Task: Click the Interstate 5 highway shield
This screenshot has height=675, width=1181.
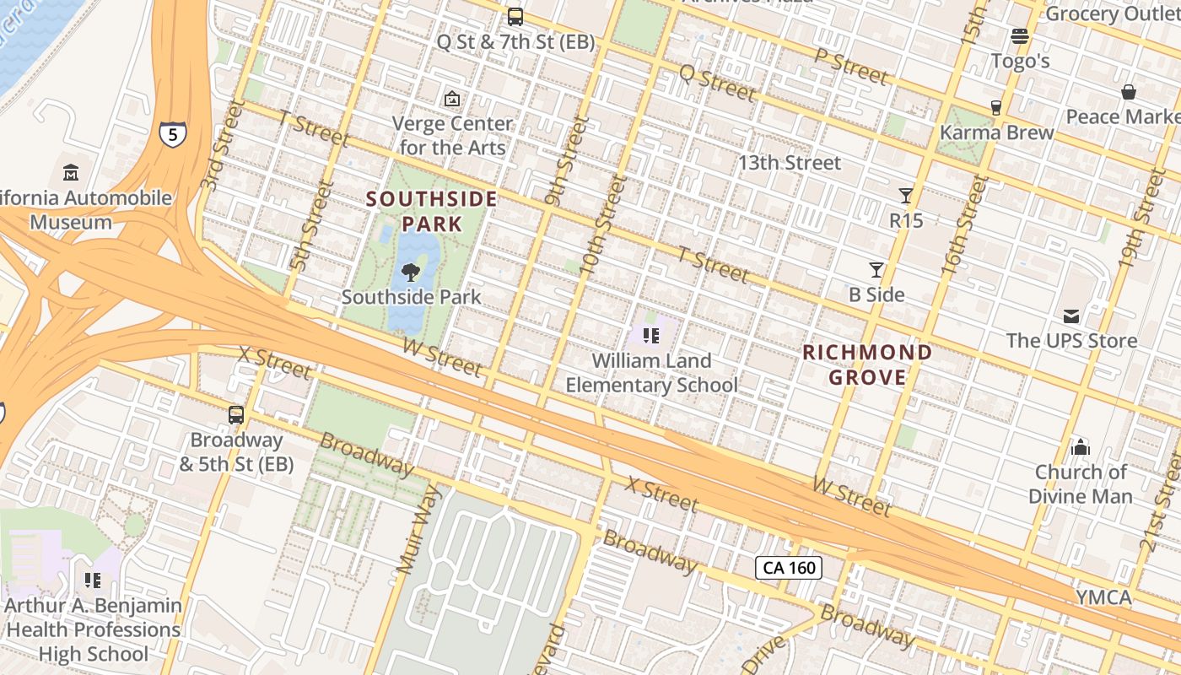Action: [x=172, y=133]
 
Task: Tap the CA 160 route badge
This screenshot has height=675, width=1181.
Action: [x=789, y=568]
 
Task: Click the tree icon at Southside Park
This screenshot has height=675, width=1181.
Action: [x=411, y=272]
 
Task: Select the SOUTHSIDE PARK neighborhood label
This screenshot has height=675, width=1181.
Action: [x=432, y=212]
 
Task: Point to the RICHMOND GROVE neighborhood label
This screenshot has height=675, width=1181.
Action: [x=867, y=364]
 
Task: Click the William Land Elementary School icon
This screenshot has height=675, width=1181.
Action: [x=650, y=336]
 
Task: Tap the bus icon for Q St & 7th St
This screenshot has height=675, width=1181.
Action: [x=515, y=16]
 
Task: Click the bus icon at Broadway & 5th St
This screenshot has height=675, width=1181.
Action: [x=236, y=415]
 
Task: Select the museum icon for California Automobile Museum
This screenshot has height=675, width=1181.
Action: [x=71, y=173]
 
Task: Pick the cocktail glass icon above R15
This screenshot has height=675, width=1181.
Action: [x=906, y=196]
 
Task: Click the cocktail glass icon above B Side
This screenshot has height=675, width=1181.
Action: [x=876, y=270]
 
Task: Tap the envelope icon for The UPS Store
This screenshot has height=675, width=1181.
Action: [x=1071, y=316]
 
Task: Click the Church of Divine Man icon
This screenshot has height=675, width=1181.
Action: [x=1081, y=447]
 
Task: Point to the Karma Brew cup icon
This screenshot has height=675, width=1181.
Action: [x=996, y=107]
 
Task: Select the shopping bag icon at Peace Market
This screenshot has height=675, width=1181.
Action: [x=1129, y=91]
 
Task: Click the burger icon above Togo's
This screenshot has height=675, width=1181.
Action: [x=1020, y=35]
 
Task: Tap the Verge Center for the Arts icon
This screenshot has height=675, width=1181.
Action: [x=452, y=99]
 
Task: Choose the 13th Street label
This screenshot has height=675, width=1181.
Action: [x=790, y=163]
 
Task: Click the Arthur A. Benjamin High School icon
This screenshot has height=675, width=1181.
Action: [x=93, y=580]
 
